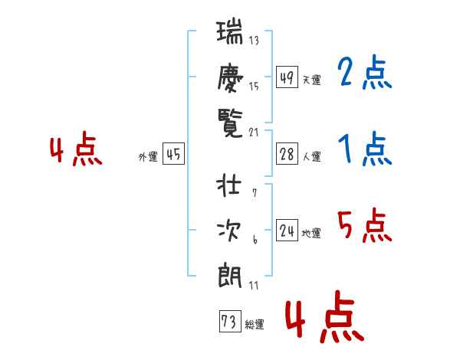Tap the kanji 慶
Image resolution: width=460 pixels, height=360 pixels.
(230, 77)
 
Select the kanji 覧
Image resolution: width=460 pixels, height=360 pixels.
(230, 123)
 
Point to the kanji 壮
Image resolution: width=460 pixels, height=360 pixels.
(229, 185)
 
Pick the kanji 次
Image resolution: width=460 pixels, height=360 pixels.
(228, 231)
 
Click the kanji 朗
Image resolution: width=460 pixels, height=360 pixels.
(230, 275)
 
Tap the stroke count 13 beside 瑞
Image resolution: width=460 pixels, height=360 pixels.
(254, 40)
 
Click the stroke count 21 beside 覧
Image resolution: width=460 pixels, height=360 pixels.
(254, 133)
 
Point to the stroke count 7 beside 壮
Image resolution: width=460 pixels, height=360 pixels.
(255, 193)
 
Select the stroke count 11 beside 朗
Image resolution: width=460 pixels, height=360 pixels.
(254, 285)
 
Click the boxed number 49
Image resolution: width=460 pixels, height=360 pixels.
(287, 77)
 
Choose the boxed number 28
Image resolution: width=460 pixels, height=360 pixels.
(287, 154)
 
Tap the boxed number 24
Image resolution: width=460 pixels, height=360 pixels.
(287, 230)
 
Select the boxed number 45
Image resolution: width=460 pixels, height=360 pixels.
(173, 154)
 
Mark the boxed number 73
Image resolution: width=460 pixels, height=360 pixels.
(230, 321)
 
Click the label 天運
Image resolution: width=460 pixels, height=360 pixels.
(312, 80)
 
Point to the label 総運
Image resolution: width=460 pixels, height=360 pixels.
(255, 324)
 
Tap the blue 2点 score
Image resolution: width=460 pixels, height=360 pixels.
(364, 72)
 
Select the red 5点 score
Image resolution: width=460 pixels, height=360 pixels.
(364, 225)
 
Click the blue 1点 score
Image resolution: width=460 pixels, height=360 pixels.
(365, 149)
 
